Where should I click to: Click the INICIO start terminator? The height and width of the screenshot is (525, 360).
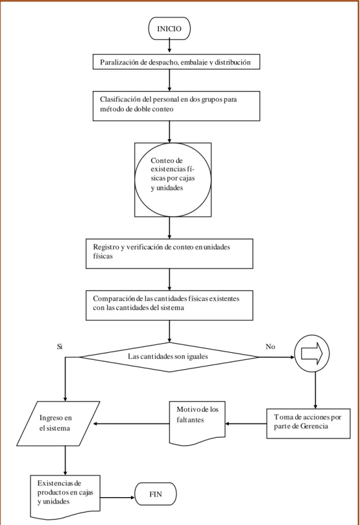(169, 28)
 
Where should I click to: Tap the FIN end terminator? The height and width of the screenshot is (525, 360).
(156, 494)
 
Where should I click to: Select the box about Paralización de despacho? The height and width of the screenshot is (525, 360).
(176, 62)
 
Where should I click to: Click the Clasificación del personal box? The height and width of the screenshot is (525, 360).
(176, 106)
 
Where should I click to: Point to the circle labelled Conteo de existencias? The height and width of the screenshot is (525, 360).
(173, 180)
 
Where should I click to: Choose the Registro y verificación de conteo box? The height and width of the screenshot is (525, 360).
(169, 253)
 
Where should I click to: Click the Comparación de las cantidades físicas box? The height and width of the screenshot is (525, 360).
(169, 305)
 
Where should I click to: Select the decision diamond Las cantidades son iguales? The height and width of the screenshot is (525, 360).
(169, 357)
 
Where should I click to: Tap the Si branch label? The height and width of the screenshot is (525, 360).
(59, 347)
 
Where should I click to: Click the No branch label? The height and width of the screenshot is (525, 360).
(270, 347)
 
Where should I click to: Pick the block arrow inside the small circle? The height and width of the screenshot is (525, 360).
(312, 354)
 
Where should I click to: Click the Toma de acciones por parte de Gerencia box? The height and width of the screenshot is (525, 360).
(309, 423)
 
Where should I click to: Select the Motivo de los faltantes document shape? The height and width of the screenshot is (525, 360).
(197, 423)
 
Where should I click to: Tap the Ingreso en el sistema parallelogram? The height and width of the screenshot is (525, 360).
(58, 423)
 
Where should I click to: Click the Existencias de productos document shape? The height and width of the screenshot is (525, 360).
(65, 497)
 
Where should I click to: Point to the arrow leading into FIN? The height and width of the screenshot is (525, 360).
(118, 498)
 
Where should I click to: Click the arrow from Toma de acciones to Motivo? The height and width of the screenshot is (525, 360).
(246, 423)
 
